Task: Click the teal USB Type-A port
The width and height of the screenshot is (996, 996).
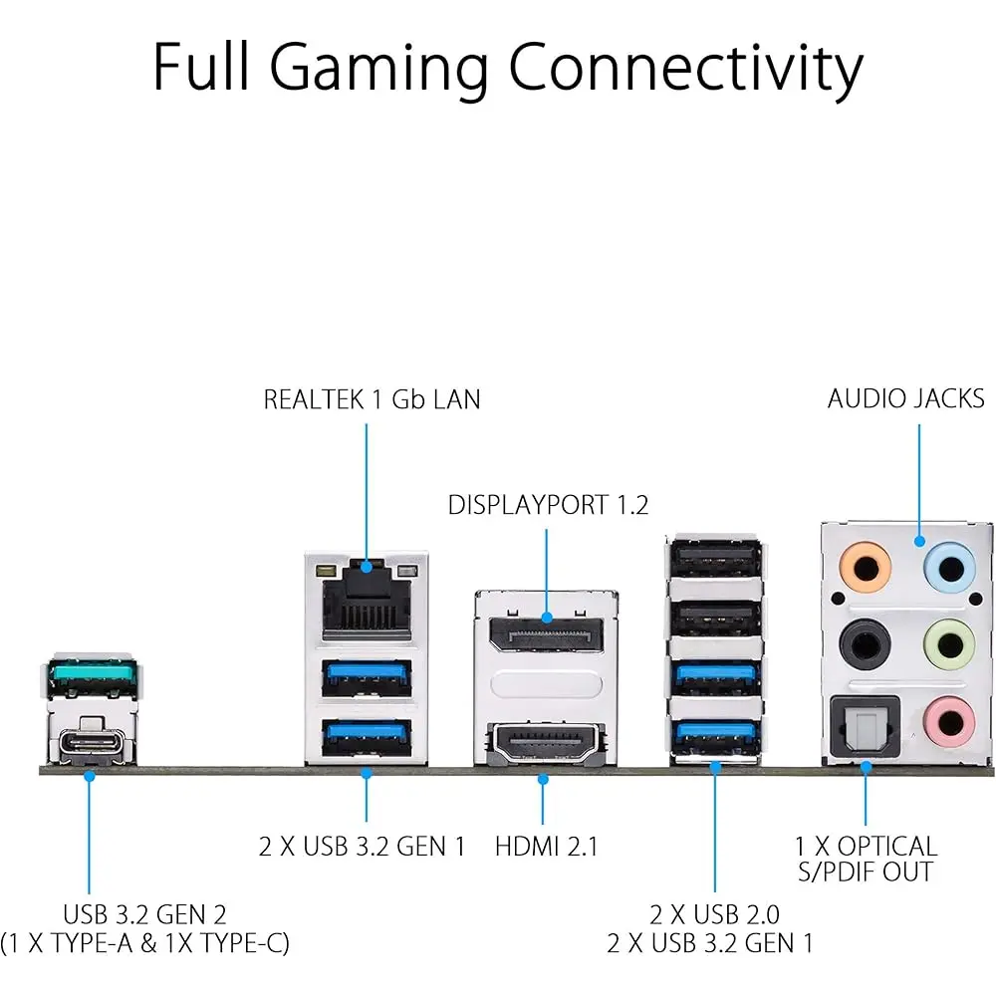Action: (91, 679)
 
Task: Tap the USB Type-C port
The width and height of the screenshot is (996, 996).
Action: (91, 744)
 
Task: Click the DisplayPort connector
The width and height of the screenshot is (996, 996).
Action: (545, 634)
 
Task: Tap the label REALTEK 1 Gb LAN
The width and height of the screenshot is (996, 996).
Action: (372, 400)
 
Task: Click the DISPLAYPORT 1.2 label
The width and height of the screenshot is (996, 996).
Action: (548, 506)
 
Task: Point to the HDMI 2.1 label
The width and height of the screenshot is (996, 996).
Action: (546, 848)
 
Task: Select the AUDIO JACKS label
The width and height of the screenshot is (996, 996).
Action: (905, 399)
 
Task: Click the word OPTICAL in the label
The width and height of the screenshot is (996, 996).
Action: (887, 847)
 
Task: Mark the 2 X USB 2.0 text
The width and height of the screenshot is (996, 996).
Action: (714, 914)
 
